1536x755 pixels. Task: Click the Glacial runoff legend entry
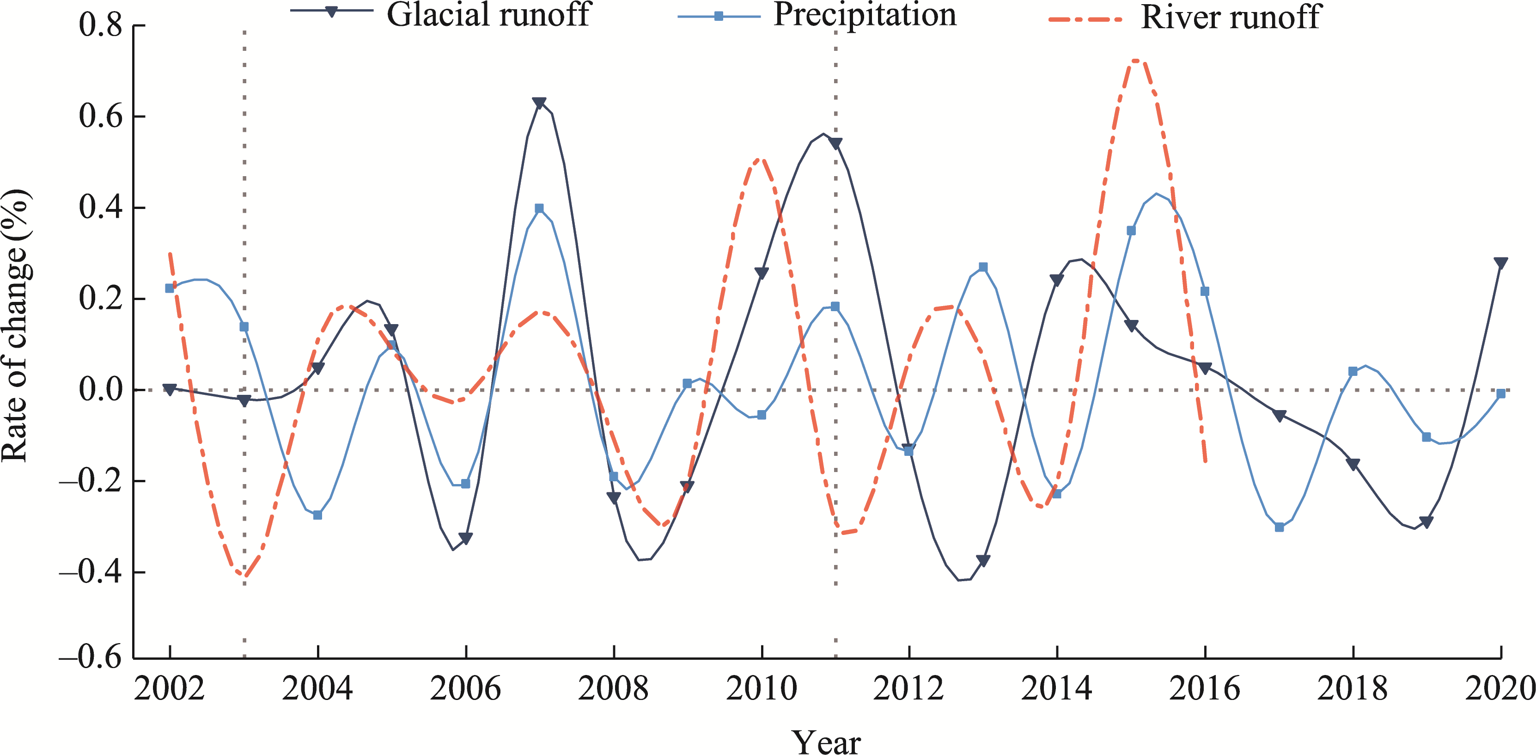[x=488, y=14]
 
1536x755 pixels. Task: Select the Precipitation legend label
[x=865, y=14]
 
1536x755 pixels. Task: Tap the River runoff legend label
[x=1231, y=17]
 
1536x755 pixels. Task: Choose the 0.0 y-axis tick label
[x=101, y=390]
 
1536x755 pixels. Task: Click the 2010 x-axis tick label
[x=761, y=689]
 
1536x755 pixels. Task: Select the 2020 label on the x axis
[x=1499, y=689]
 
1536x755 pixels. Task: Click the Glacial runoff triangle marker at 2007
[x=539, y=103]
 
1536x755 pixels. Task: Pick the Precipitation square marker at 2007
[x=539, y=208]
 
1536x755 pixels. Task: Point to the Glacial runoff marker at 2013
[x=983, y=560]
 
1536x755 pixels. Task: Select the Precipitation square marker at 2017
[x=1279, y=527]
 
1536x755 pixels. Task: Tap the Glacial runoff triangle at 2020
[x=1501, y=263]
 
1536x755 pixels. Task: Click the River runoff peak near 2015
[x=1136, y=60]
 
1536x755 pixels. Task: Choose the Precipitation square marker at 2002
[x=170, y=288]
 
